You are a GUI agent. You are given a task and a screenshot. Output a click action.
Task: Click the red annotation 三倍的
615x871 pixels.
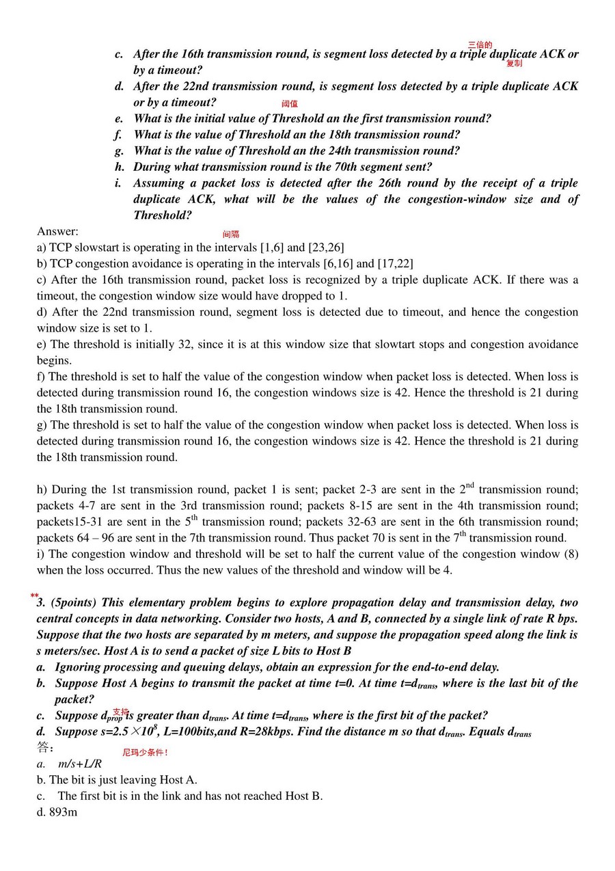480,45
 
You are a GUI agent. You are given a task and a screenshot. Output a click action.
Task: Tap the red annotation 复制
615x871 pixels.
514,64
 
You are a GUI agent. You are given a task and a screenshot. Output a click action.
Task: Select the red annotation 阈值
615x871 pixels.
290,104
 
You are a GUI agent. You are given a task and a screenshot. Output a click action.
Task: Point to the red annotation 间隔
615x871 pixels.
231,234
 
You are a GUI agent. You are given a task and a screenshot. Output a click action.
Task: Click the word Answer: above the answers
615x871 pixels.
57,231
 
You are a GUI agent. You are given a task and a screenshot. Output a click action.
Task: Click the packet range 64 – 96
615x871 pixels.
82,538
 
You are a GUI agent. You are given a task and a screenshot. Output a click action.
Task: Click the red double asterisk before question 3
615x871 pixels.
34,596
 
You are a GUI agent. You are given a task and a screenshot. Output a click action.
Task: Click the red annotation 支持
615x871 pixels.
120,712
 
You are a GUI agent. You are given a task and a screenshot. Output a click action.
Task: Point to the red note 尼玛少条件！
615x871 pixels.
145,753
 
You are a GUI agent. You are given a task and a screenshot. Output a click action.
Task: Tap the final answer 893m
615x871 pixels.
63,813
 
